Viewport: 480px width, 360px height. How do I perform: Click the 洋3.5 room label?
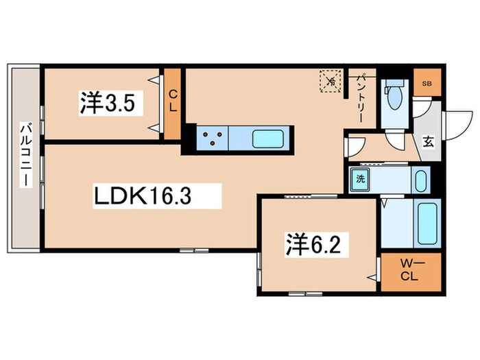[x=108, y=103]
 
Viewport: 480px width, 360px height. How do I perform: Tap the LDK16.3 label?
[x=143, y=196]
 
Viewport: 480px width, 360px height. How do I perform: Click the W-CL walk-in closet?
[x=411, y=272]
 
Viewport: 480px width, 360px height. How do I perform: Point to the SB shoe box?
[x=427, y=82]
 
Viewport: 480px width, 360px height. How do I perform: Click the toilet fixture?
[x=394, y=95]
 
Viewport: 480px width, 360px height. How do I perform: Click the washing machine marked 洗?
[x=360, y=179]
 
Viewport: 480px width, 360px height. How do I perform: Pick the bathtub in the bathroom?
[x=427, y=224]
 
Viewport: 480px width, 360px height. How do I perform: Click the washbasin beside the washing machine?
[x=421, y=181]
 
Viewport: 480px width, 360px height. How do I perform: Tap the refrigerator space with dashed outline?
[x=331, y=81]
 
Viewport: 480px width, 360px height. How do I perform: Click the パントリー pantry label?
[x=361, y=97]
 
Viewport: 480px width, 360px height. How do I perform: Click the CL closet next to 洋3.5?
[x=173, y=104]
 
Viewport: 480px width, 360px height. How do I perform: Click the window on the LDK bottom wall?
[x=194, y=250]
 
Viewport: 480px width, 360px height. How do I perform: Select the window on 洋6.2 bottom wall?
[x=305, y=294]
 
